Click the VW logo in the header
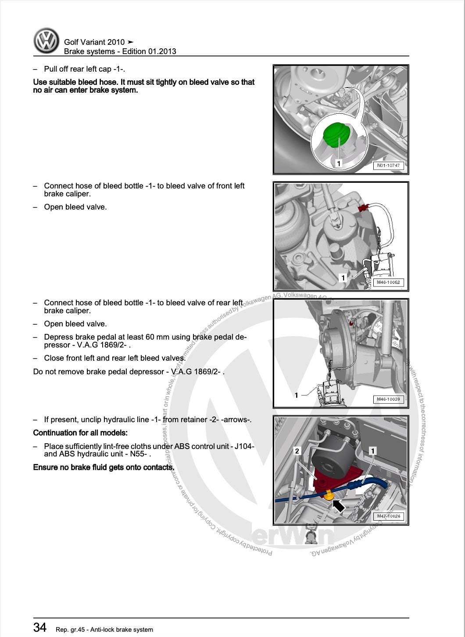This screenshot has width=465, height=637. click(x=46, y=41)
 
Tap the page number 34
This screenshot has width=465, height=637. click(x=40, y=627)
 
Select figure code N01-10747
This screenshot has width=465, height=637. click(x=388, y=166)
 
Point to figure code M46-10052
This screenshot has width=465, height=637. click(x=388, y=282)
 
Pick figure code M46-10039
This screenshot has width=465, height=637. click(x=388, y=399)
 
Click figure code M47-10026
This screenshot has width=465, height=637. click(x=388, y=516)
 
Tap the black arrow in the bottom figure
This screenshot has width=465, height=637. click(x=338, y=506)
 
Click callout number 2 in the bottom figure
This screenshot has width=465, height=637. click(x=297, y=451)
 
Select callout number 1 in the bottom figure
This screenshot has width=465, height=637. click(x=373, y=451)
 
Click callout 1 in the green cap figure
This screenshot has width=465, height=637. click(x=339, y=163)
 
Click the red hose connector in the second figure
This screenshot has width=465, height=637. click(x=363, y=208)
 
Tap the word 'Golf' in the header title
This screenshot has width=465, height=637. click(x=72, y=42)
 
